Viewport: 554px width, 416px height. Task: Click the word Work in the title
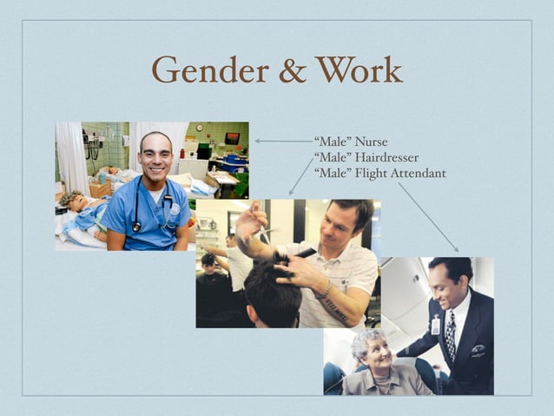pyautogui.click(x=359, y=69)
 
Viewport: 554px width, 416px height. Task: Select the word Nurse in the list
pyautogui.click(x=371, y=142)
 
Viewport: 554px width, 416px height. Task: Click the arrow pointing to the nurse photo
pyautogui.click(x=282, y=141)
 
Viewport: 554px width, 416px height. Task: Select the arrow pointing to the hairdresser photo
pyautogui.click(x=300, y=176)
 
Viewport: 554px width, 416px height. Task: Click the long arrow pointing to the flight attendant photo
pyautogui.click(x=427, y=216)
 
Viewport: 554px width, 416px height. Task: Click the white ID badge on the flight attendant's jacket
pyautogui.click(x=435, y=327)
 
